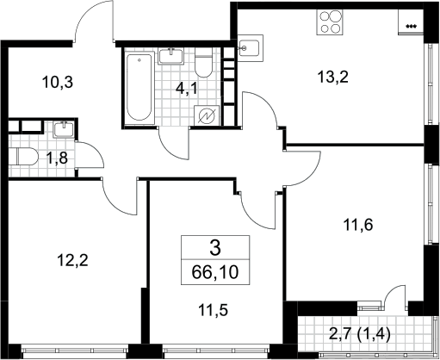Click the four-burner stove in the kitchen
[x=330, y=22]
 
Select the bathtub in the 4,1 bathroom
[x=139, y=86]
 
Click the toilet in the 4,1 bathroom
[x=203, y=63]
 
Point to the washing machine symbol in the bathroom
[x=207, y=115]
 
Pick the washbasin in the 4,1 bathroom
[x=170, y=56]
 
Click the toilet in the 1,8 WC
[x=23, y=157]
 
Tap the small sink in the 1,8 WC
[x=64, y=129]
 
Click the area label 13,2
[x=332, y=77]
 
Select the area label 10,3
[x=58, y=82]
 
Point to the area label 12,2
[x=72, y=260]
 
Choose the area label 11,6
[x=358, y=225]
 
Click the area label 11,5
[x=213, y=310]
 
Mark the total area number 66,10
[x=215, y=272]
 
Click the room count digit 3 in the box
[x=215, y=248]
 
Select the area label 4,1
[x=187, y=89]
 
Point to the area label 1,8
[x=57, y=158]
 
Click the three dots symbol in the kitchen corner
[x=411, y=27]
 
